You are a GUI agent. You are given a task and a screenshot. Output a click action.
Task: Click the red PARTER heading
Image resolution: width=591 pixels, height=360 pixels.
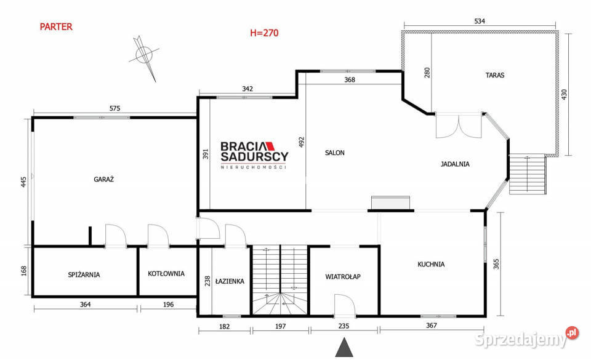click(x=56, y=26)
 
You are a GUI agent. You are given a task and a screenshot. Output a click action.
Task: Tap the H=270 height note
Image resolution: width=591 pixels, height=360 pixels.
click(x=264, y=33)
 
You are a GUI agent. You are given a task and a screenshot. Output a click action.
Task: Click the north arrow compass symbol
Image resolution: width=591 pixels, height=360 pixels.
click(x=144, y=57)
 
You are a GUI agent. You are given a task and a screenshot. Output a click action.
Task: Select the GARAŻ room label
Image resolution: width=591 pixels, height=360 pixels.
click(x=103, y=179)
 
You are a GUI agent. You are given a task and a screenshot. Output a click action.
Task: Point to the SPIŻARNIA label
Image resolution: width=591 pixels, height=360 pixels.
click(x=84, y=274)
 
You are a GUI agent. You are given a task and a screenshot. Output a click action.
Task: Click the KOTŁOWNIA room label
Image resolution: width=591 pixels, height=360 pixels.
click(x=166, y=273)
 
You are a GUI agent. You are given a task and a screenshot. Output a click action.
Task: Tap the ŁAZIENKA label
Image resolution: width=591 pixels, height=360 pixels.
click(x=230, y=281)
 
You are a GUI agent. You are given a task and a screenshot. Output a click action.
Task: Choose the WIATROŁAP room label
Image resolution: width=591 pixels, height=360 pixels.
click(x=343, y=277)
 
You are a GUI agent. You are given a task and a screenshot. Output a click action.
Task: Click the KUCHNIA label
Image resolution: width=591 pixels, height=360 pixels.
click(x=431, y=265)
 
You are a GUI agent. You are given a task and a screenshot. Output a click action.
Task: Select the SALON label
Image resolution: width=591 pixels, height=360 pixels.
click(x=335, y=153)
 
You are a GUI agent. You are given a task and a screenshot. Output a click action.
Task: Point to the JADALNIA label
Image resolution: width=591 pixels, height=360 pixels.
click(x=455, y=164)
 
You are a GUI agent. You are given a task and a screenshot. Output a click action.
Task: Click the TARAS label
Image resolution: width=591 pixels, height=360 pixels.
click(x=495, y=75)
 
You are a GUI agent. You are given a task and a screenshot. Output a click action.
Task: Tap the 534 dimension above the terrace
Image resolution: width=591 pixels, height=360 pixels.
click(x=480, y=21)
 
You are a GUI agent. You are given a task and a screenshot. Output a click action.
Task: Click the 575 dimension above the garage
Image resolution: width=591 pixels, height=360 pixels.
click(x=115, y=108)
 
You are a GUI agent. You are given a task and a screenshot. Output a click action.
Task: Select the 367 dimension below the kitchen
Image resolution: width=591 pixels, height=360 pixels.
click(x=431, y=326)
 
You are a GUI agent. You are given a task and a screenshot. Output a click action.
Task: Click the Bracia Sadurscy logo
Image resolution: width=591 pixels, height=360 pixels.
click(x=254, y=155)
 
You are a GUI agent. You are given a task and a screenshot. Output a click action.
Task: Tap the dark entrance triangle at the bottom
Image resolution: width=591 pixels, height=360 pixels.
click(x=344, y=347)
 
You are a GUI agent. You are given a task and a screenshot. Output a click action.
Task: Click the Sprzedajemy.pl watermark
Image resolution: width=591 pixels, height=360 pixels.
click(x=526, y=337)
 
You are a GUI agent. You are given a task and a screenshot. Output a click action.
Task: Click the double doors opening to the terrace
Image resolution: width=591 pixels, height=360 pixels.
click(x=459, y=126)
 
